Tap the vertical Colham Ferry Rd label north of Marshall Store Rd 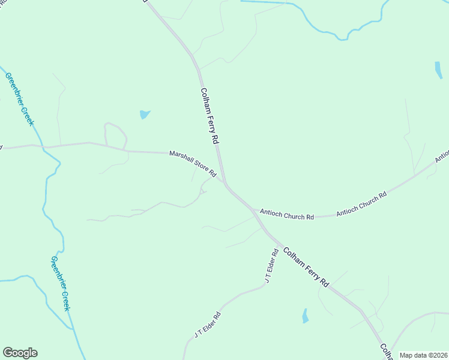(208, 115)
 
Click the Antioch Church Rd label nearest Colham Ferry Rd (287, 214)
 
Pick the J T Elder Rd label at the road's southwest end (208, 324)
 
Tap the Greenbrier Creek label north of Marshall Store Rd (20, 99)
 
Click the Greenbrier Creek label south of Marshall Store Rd (60, 283)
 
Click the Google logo (20, 353)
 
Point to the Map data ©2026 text (423, 355)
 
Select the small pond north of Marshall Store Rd (144, 114)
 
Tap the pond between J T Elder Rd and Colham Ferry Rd (305, 316)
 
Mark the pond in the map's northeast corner (438, 70)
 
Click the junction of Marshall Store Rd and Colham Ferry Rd (224, 182)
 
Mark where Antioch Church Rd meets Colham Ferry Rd (253, 209)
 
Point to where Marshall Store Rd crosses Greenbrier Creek (43, 146)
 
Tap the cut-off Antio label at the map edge (442, 156)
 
